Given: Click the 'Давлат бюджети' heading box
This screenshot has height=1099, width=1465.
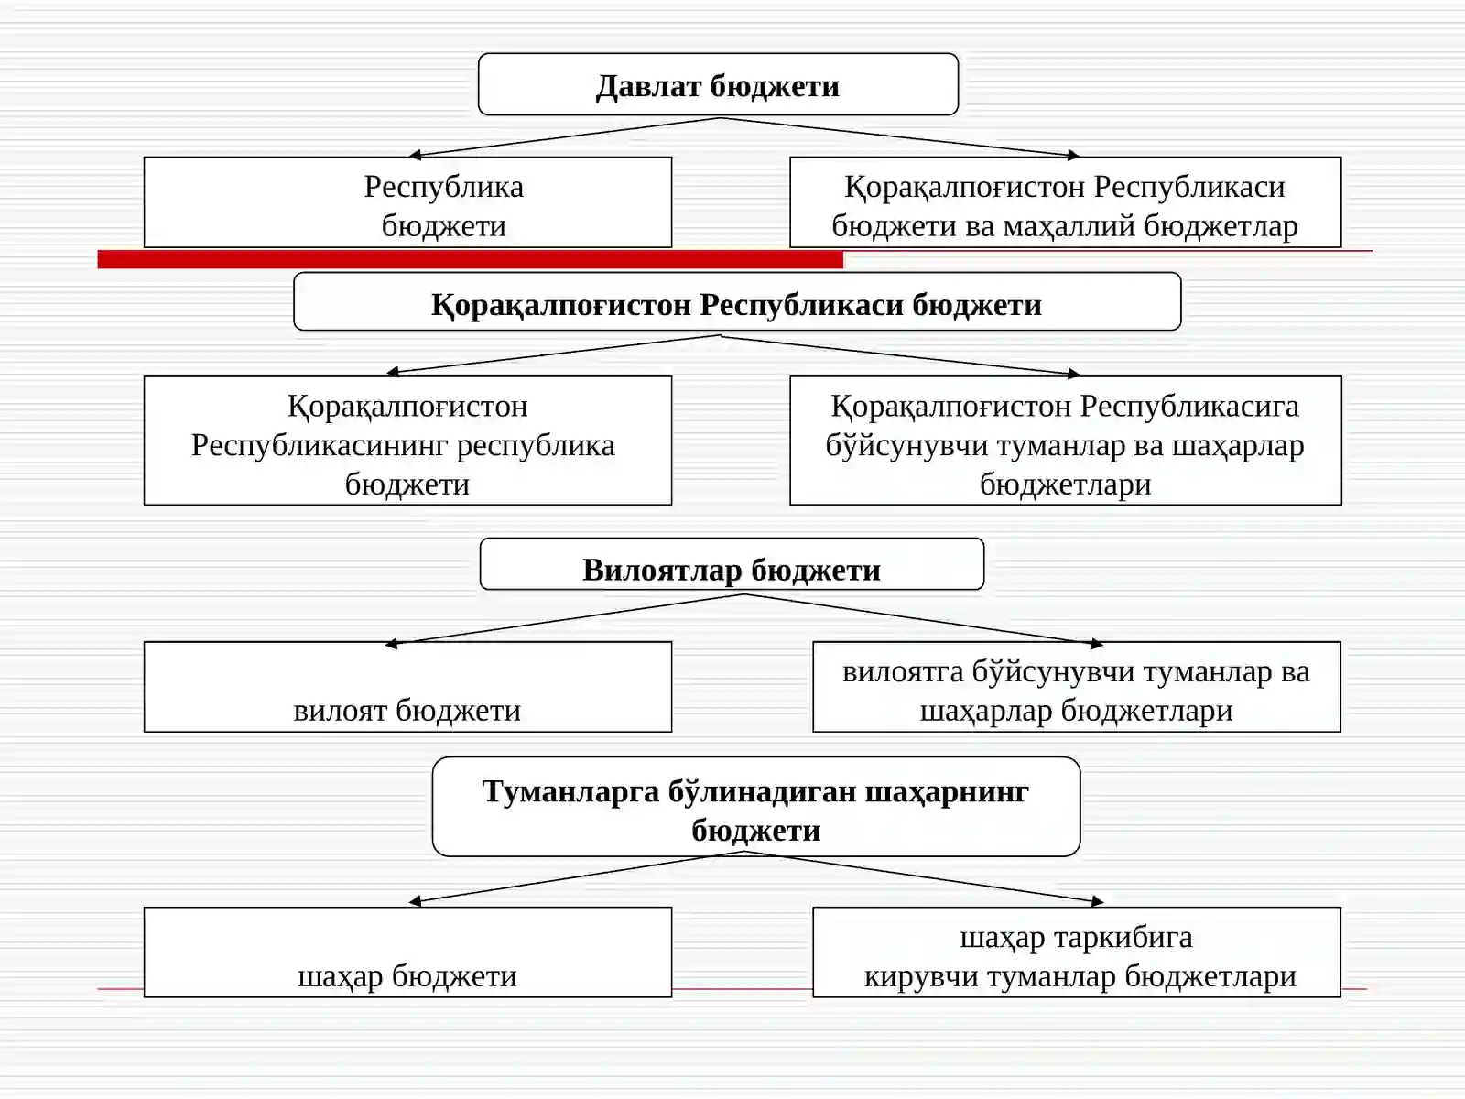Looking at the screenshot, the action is tap(718, 85).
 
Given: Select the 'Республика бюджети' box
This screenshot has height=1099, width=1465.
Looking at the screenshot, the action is tap(407, 202).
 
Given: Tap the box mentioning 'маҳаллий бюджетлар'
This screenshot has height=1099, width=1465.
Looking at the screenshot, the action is tap(1065, 202).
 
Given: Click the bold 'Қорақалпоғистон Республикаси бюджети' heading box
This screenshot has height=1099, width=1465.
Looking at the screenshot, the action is tap(737, 301).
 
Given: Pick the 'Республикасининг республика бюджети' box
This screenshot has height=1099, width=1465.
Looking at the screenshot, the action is tap(407, 441).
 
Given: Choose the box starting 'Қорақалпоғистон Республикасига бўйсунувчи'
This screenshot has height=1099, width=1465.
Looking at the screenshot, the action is tap(1065, 441).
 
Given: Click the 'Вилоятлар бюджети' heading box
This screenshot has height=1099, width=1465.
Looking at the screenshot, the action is tap(732, 564).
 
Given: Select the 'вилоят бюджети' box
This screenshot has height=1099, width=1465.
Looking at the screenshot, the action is tap(407, 687).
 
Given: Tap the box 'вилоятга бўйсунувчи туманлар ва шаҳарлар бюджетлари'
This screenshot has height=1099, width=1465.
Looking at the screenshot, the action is tap(1077, 687).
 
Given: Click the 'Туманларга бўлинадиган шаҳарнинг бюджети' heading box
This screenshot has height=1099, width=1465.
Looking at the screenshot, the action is tap(755, 806).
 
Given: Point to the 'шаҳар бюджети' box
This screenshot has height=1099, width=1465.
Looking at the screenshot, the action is tap(407, 952).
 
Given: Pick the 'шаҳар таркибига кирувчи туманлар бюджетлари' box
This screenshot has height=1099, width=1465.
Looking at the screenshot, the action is tap(1077, 952).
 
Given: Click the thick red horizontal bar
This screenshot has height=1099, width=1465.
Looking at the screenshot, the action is tap(470, 259).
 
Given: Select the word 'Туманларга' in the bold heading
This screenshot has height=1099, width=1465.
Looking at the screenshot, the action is tap(570, 792).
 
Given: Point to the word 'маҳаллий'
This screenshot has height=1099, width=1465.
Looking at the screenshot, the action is tap(1069, 226).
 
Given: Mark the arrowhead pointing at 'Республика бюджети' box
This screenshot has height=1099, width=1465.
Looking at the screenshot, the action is tap(415, 155).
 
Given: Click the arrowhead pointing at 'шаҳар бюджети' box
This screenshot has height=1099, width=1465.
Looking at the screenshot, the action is tap(415, 901).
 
